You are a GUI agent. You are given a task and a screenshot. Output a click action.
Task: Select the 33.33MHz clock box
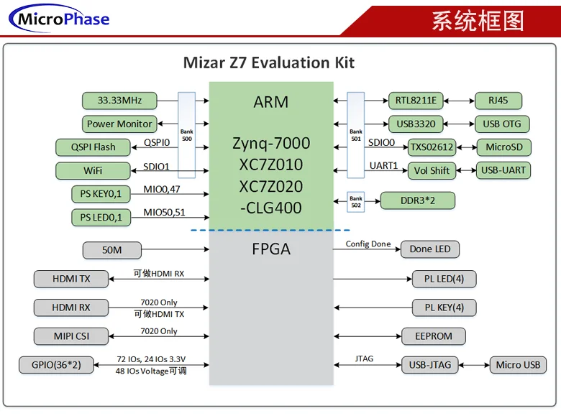[119, 101]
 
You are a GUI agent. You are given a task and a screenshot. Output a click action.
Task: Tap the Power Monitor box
[119, 124]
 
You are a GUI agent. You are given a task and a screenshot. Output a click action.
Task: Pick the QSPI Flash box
[93, 147]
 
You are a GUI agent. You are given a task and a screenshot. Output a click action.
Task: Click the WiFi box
[93, 171]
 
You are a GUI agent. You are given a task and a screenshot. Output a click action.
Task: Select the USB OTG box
[501, 124]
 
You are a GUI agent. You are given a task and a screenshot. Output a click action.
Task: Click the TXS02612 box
[432, 147]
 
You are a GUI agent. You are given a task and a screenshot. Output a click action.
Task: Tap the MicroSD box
[503, 147]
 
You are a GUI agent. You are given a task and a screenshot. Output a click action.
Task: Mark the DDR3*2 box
[417, 200]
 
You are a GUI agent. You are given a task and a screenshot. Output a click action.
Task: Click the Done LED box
[430, 249]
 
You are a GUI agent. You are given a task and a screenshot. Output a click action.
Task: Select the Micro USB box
[518, 364]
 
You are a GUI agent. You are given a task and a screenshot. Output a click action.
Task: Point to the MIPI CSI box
[71, 336]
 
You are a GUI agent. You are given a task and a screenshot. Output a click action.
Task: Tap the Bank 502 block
[356, 200]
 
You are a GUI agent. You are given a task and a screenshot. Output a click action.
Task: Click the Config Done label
[368, 244]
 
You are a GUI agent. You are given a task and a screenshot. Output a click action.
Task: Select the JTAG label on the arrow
[365, 358]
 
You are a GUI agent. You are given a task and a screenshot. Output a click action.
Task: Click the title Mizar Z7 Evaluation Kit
[269, 63]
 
